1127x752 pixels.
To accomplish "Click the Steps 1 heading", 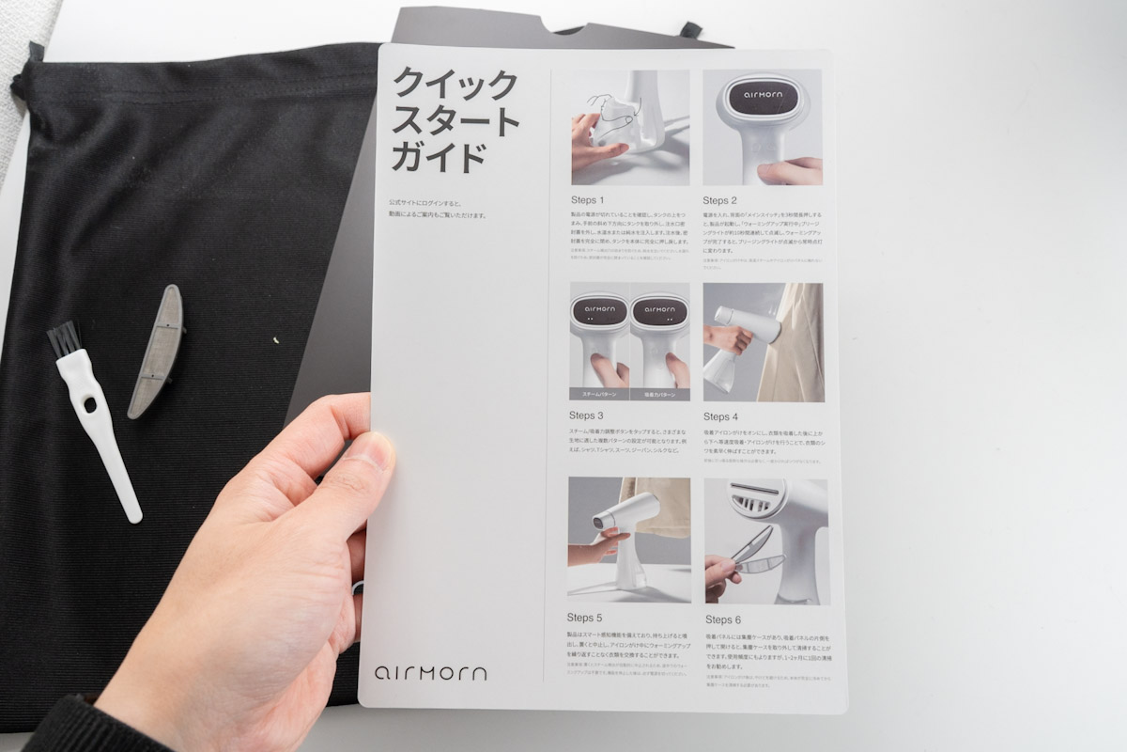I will (588, 200).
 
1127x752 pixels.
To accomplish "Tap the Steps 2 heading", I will (720, 200).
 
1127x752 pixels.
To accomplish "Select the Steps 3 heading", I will (586, 415).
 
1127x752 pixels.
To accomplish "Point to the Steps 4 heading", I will (720, 415).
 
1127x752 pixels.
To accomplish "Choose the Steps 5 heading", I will (585, 618).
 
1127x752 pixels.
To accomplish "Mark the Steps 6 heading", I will (723, 619).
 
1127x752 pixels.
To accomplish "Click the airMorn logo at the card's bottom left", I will (430, 673).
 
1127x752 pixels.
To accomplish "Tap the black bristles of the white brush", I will (62, 338).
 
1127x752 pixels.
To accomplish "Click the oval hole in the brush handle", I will (88, 405).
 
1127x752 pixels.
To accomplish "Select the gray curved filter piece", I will (157, 350).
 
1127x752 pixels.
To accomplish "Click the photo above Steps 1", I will (629, 127).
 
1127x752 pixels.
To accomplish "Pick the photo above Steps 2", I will (762, 127).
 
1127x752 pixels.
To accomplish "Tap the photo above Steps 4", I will (763, 342).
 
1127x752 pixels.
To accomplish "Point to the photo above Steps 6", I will (765, 540).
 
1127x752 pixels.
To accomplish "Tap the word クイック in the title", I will (455, 84).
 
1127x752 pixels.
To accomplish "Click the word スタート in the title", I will (455, 120).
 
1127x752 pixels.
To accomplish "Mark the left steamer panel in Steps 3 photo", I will (599, 342).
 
